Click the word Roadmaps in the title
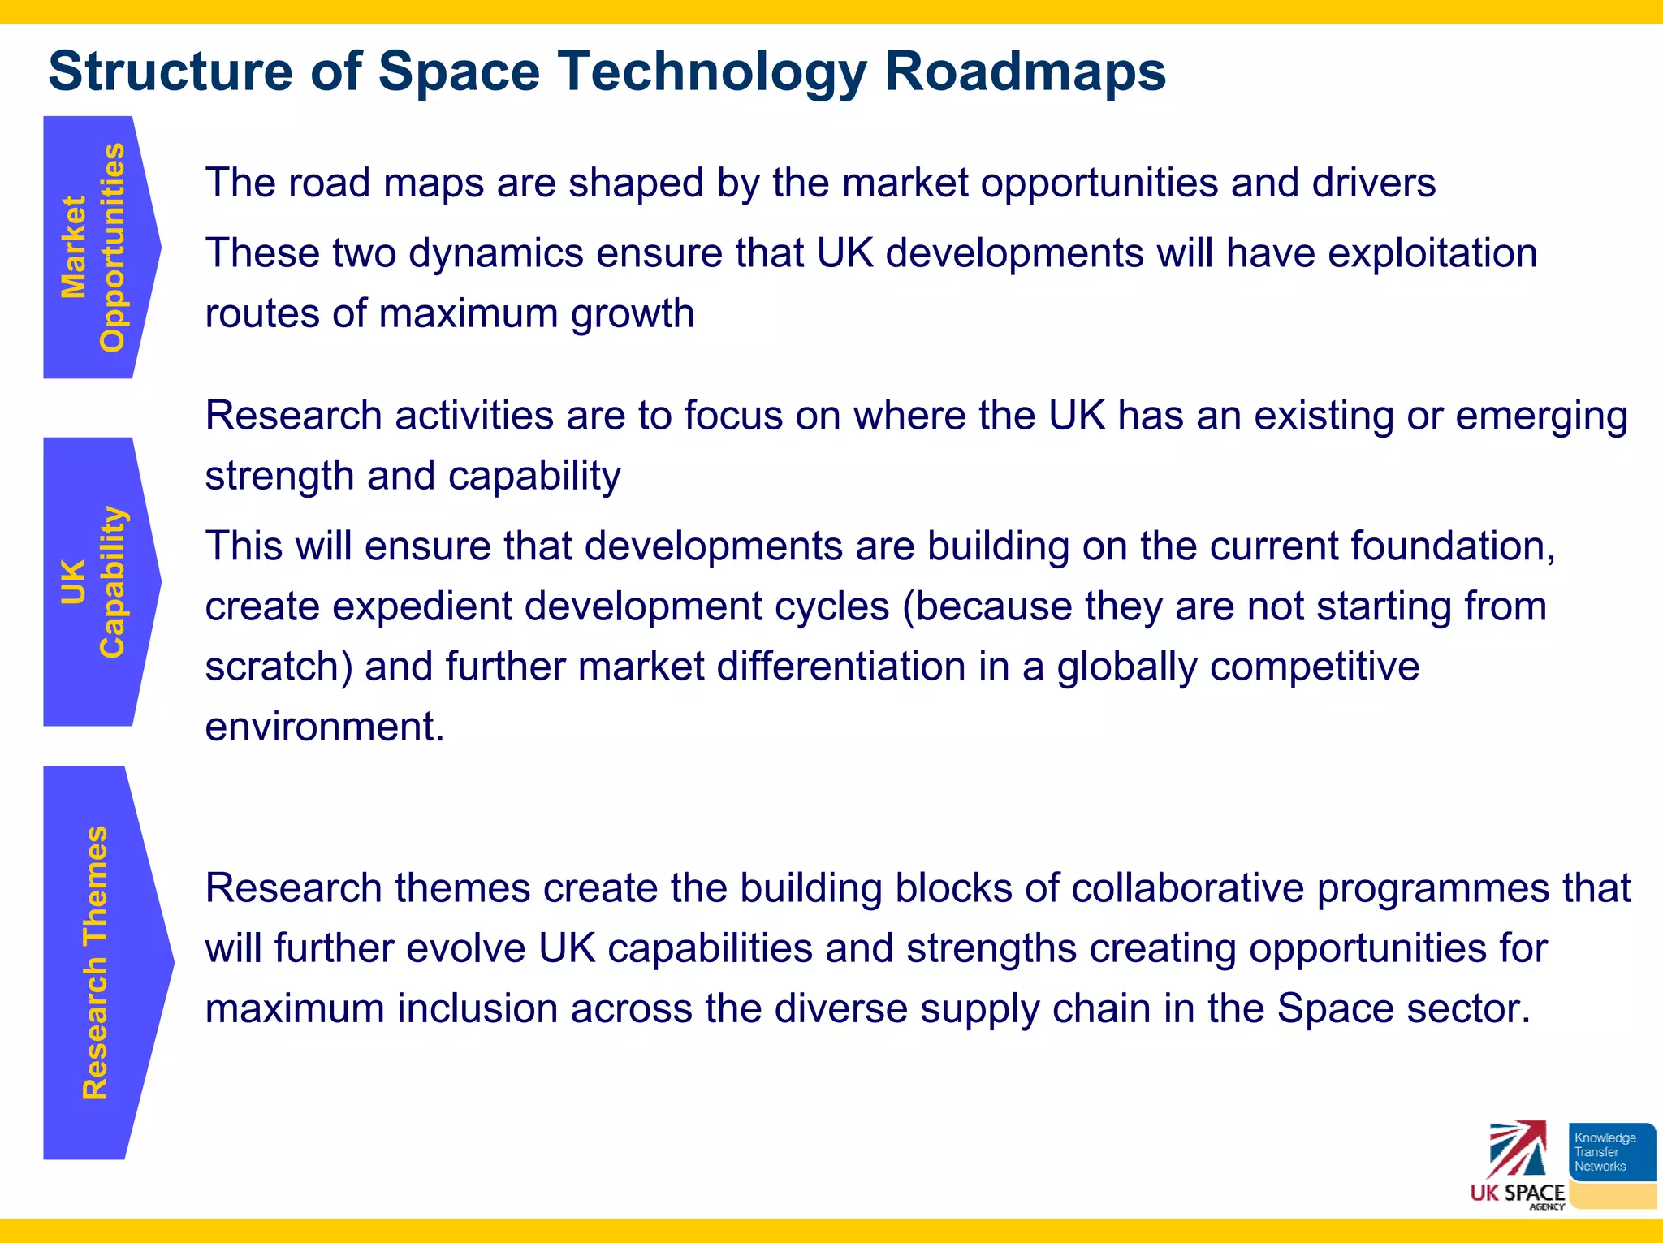[x=1025, y=71]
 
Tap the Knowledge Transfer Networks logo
[x=1611, y=1163]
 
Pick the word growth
[x=633, y=313]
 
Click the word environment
[x=323, y=727]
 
